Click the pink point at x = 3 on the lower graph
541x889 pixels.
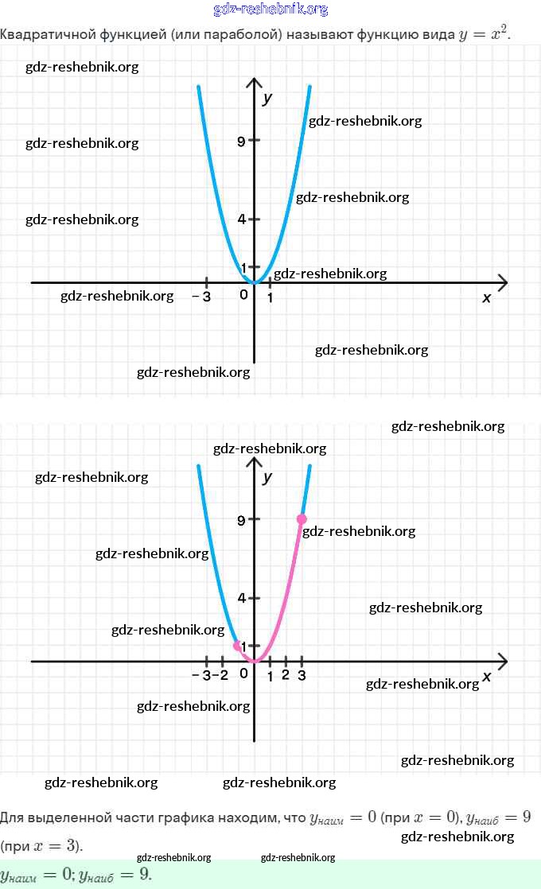pos(302,519)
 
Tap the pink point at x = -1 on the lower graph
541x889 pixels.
pos(237,646)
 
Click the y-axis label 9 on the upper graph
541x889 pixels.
pos(240,142)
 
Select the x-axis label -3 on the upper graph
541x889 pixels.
pos(201,297)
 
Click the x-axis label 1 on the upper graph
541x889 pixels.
pos(270,297)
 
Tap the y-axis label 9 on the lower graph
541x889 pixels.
pos(240,520)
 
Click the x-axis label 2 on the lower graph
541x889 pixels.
pos(286,676)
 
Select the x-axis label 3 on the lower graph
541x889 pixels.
pos(302,676)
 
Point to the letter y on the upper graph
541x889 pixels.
pos(268,98)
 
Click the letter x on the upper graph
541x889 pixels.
pos(487,297)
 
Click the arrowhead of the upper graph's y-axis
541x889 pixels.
pos(255,83)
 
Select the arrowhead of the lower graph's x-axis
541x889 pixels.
pos(502,661)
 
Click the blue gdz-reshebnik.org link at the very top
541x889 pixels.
pos(270,10)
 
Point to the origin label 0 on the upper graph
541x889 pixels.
pos(244,296)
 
